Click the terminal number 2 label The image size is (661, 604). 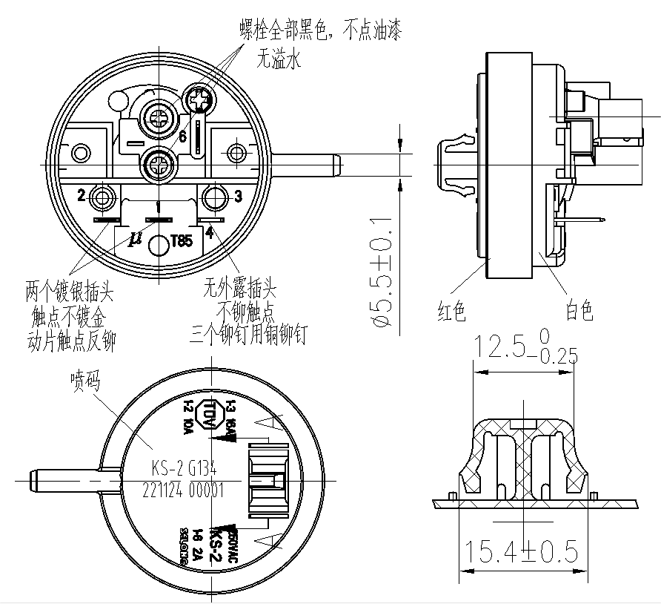pyautogui.click(x=82, y=195)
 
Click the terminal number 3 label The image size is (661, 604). pyautogui.click(x=238, y=197)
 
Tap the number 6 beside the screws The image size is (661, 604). pyautogui.click(x=182, y=136)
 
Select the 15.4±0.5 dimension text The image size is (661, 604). pyautogui.click(x=522, y=551)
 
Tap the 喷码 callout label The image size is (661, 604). pyautogui.click(x=85, y=380)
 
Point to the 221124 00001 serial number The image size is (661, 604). pyautogui.click(x=182, y=490)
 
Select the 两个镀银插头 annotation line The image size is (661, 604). pyautogui.click(x=70, y=288)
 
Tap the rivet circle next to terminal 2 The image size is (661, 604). pyautogui.click(x=102, y=197)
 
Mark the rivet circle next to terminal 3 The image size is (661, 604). pyautogui.click(x=215, y=197)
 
